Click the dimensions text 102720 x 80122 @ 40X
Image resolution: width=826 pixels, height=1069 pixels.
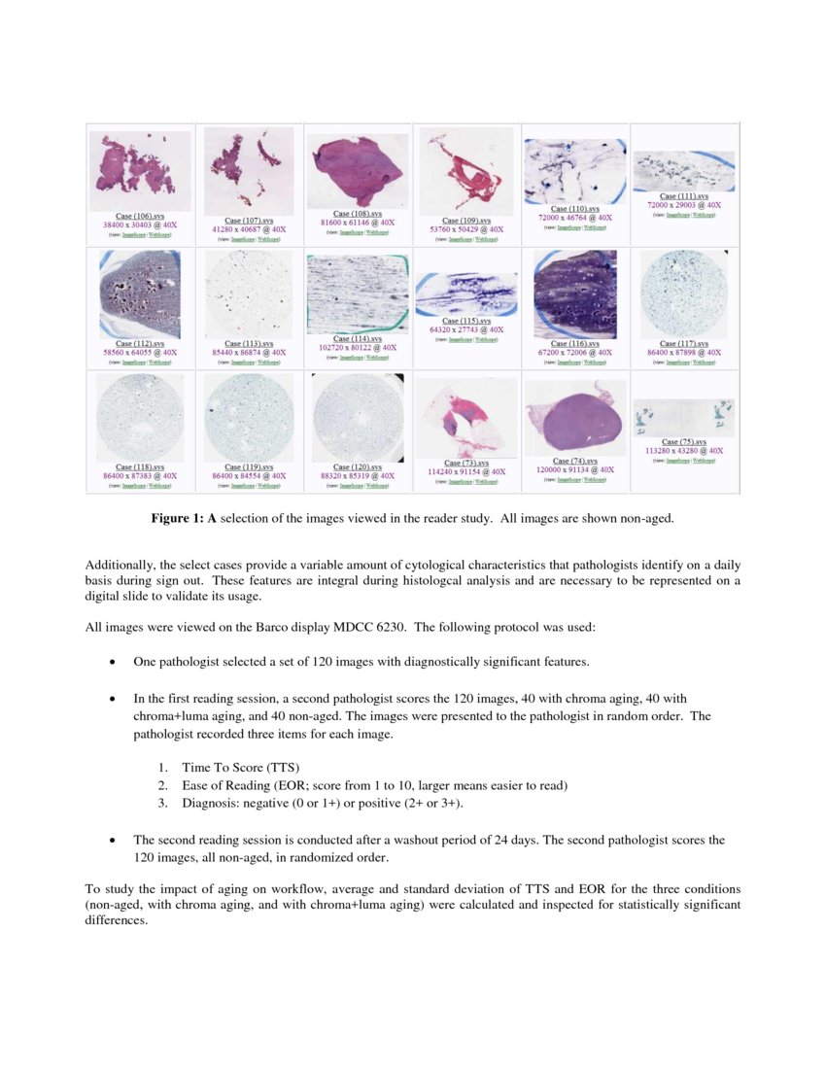[x=358, y=347]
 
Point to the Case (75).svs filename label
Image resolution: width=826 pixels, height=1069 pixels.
[x=684, y=442]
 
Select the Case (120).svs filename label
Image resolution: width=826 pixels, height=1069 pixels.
[x=358, y=467]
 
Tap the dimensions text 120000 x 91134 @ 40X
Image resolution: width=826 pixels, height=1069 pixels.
[x=575, y=468]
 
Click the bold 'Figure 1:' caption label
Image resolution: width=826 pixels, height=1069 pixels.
[x=182, y=520]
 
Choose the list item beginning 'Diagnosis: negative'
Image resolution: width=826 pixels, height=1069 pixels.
[x=322, y=803]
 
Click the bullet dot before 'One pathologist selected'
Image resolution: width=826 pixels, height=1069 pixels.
[x=114, y=662]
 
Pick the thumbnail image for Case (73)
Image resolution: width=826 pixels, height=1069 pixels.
[x=466, y=417]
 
